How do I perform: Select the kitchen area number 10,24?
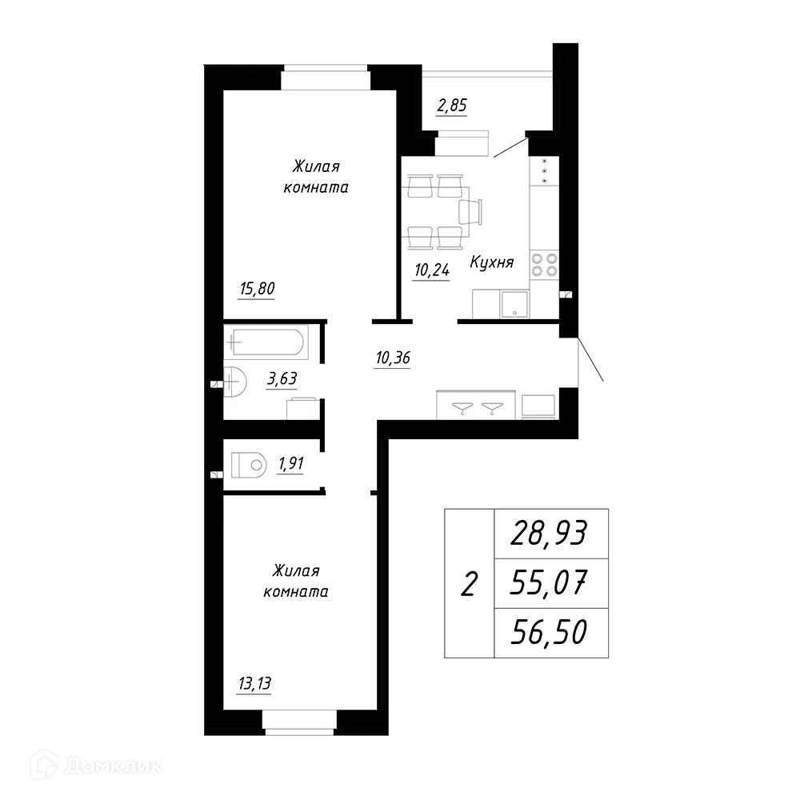[432, 270]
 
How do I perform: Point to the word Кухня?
[491, 262]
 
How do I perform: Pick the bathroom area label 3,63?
[282, 378]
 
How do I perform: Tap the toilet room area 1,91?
[290, 463]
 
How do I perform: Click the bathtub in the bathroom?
[265, 343]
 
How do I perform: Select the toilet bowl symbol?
[249, 464]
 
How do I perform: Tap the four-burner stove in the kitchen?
[544, 265]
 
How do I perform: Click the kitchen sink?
[514, 302]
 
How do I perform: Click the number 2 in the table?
[469, 585]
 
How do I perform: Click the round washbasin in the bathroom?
[233, 381]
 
